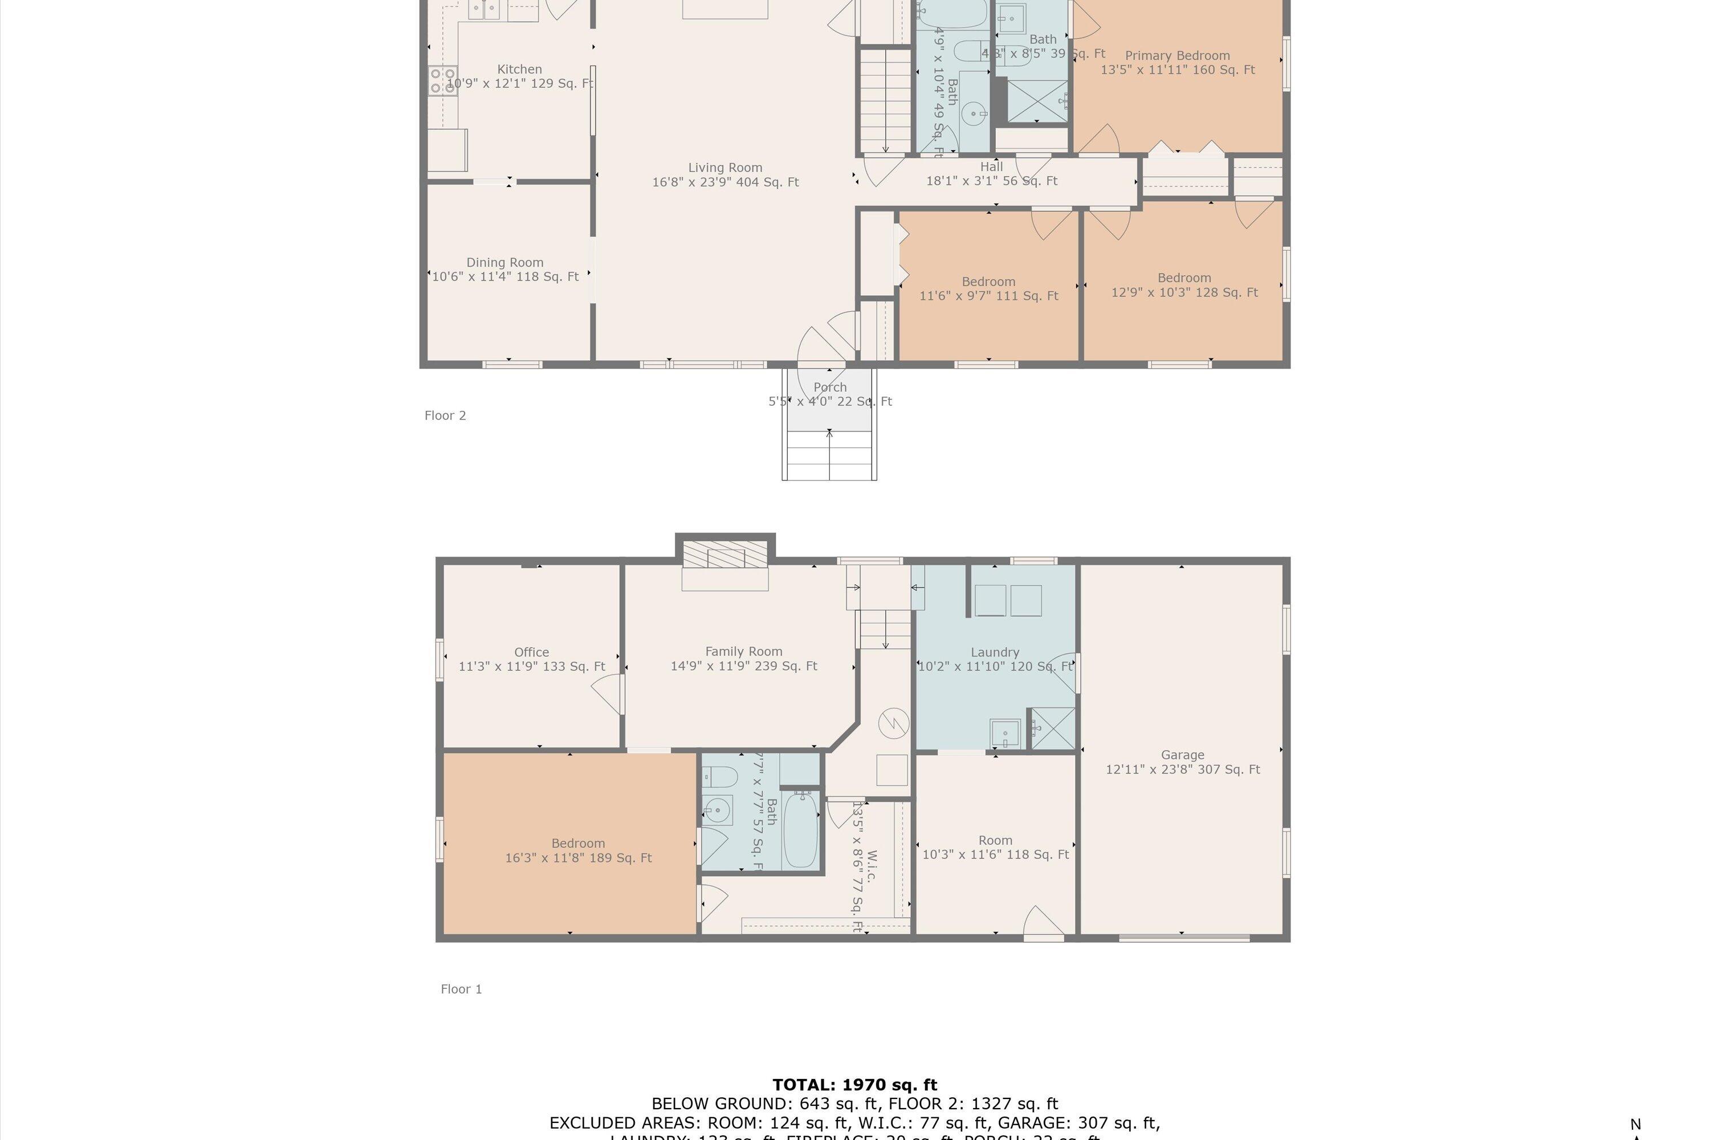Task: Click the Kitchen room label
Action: (x=519, y=70)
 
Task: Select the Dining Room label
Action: (x=504, y=262)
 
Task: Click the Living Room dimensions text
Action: (x=725, y=182)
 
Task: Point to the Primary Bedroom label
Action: (x=1177, y=56)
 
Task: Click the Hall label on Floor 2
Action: (x=991, y=167)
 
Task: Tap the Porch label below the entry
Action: (x=829, y=388)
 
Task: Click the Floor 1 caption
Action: (x=461, y=989)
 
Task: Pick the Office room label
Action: (x=531, y=652)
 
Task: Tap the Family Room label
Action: (x=743, y=652)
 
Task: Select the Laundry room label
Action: (x=995, y=652)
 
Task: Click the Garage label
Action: (x=1182, y=755)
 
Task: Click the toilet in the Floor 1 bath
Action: (x=718, y=778)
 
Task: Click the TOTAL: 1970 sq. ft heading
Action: (x=854, y=1085)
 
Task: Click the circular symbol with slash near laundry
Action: (x=894, y=723)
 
